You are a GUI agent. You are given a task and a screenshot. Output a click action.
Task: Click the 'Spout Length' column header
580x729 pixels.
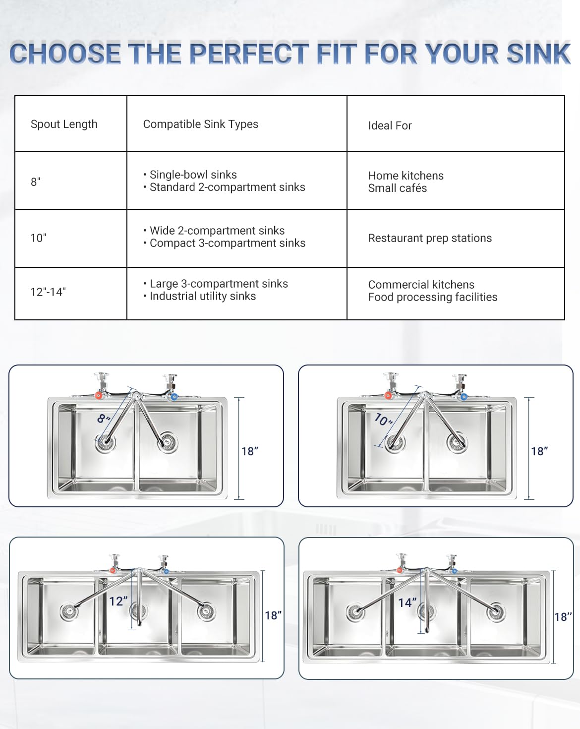pyautogui.click(x=64, y=124)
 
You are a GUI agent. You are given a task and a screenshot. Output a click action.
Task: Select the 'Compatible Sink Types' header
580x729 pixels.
pyautogui.click(x=200, y=124)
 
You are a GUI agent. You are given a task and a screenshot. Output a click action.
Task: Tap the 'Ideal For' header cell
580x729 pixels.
pyautogui.click(x=390, y=125)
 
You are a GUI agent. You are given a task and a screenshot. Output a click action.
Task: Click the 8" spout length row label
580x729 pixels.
pyautogui.click(x=36, y=182)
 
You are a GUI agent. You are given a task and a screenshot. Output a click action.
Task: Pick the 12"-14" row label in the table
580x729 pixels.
pyautogui.click(x=48, y=292)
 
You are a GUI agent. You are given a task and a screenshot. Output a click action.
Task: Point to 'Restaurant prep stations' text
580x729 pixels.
pyautogui.click(x=430, y=238)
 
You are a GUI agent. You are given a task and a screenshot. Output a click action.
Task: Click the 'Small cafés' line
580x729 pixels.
pyautogui.click(x=397, y=188)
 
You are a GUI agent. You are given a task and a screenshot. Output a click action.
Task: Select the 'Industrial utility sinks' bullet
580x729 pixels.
pyautogui.click(x=202, y=296)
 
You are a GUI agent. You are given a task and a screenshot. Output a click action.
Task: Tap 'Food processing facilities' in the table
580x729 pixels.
pyautogui.click(x=432, y=297)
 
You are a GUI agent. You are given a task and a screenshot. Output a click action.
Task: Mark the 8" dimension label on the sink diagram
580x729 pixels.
pyautogui.click(x=103, y=419)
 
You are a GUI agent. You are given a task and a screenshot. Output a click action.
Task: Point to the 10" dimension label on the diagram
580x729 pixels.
pyautogui.click(x=383, y=420)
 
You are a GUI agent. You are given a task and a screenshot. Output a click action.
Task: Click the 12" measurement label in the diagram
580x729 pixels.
pyautogui.click(x=118, y=601)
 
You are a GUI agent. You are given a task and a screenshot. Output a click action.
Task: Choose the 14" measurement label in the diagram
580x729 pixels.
pyautogui.click(x=407, y=603)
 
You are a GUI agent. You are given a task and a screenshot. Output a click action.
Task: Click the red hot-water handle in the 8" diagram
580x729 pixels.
pyautogui.click(x=99, y=396)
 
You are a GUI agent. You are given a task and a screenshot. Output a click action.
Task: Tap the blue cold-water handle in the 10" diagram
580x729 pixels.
pyautogui.click(x=464, y=397)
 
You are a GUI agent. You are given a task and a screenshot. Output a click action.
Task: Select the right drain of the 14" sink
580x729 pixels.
pyautogui.click(x=496, y=612)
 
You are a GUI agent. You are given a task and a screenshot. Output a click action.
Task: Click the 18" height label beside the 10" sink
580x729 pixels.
pyautogui.click(x=539, y=451)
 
